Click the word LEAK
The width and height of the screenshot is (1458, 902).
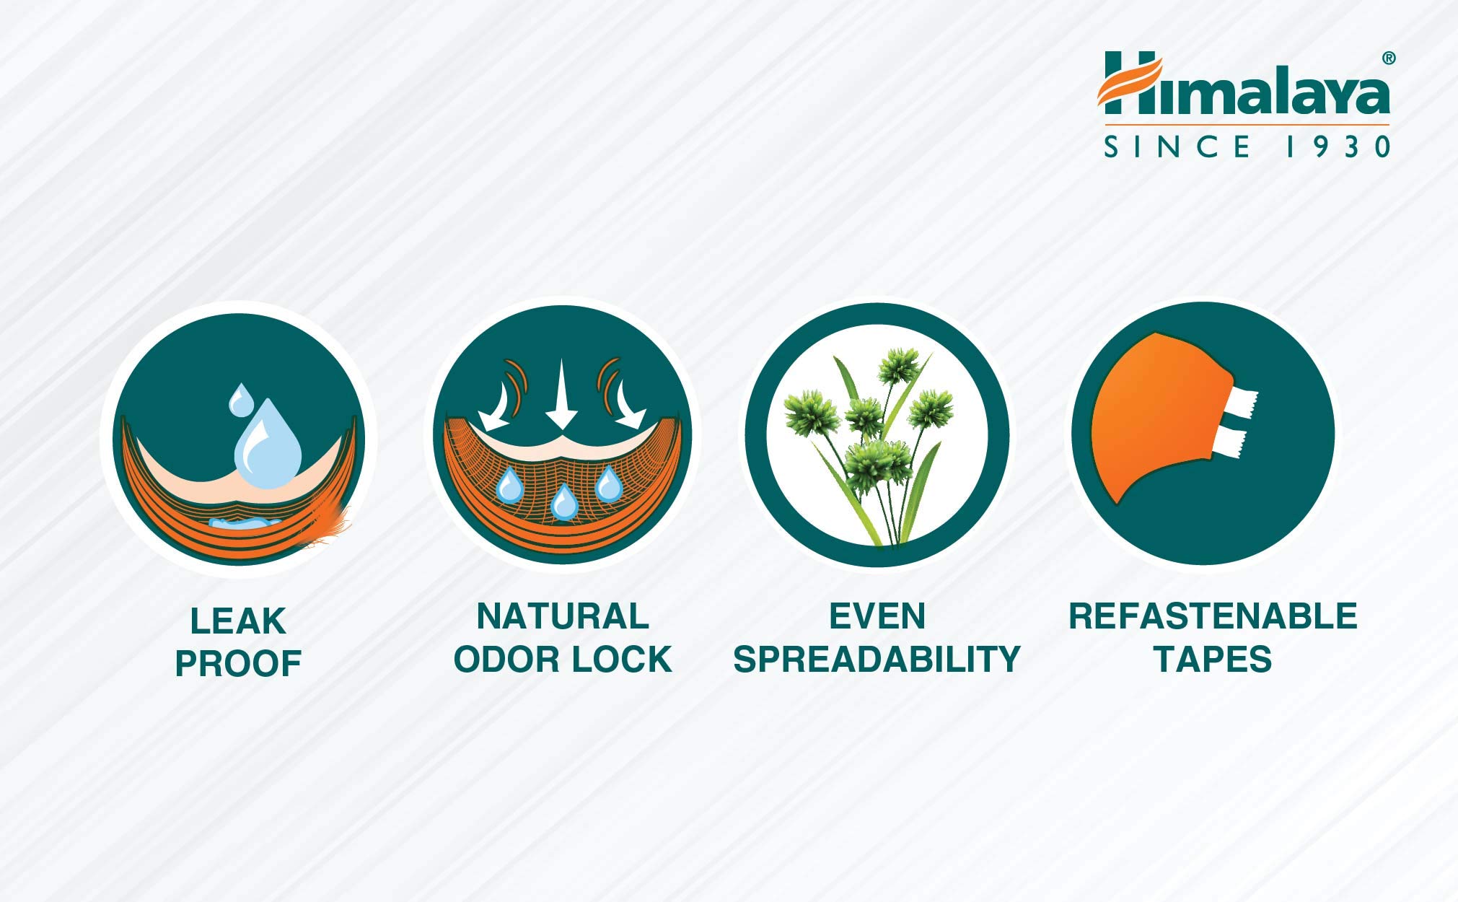click(238, 621)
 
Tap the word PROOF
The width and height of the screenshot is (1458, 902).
click(238, 664)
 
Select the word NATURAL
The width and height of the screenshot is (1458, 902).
click(563, 616)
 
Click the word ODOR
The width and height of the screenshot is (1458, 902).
click(506, 660)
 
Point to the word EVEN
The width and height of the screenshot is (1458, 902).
click(877, 616)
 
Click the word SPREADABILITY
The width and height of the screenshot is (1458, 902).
click(877, 659)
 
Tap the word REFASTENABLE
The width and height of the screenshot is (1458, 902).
click(1213, 616)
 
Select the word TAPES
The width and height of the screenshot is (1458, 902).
click(1213, 659)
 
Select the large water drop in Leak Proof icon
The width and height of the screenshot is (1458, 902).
click(268, 444)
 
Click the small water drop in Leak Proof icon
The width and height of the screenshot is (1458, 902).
click(241, 399)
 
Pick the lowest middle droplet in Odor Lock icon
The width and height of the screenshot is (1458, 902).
click(564, 502)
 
